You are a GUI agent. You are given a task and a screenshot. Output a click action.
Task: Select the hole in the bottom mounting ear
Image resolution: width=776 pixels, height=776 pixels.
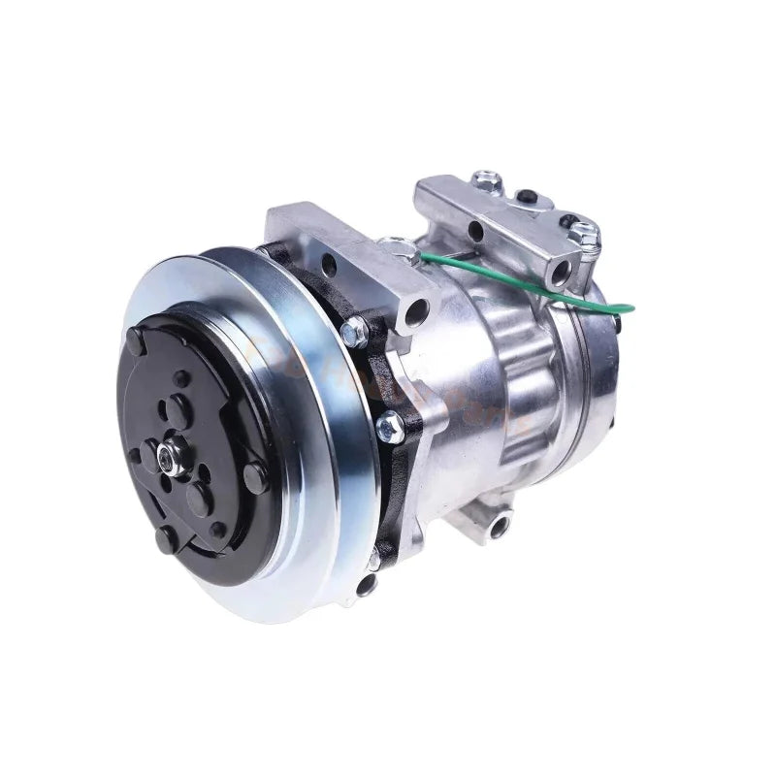498,528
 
